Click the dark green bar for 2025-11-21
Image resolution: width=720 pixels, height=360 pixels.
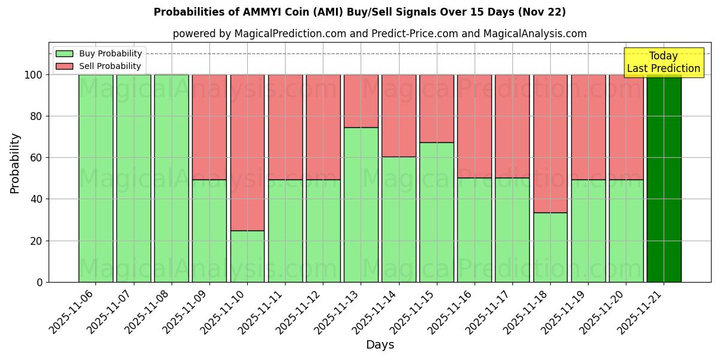[664, 178]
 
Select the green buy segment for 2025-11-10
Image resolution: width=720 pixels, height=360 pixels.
[247, 256]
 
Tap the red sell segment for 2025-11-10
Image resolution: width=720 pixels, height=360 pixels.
[247, 152]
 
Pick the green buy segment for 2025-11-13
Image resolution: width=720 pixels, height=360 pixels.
[361, 205]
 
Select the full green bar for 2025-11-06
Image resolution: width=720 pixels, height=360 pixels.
[96, 178]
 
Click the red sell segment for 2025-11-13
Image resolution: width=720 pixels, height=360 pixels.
[361, 101]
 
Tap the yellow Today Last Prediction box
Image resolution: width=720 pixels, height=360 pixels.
[664, 62]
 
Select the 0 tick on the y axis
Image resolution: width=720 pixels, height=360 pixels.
[39, 282]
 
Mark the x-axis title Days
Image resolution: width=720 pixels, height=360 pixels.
[380, 345]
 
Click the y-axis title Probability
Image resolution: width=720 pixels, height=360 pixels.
[15, 163]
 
